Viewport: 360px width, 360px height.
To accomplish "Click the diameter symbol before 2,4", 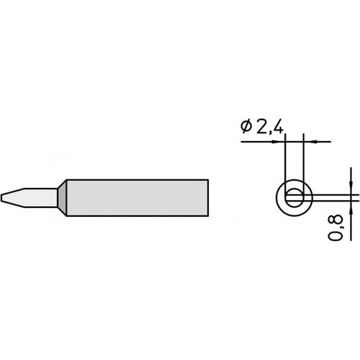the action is click(246, 127).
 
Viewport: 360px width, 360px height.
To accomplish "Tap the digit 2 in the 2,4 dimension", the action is click(261, 127).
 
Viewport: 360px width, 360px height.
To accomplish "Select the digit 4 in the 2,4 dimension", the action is click(278, 127).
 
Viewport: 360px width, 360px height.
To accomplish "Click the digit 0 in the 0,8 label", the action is click(335, 236).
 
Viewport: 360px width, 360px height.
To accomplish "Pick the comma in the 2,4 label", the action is click(270, 132).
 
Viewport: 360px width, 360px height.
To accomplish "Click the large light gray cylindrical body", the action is click(138, 198).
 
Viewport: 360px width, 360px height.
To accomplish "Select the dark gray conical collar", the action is click(62, 198).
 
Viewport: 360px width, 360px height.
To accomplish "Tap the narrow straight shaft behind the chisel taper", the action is click(41, 198).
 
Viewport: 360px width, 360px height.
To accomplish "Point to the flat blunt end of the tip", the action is click(1, 198).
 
